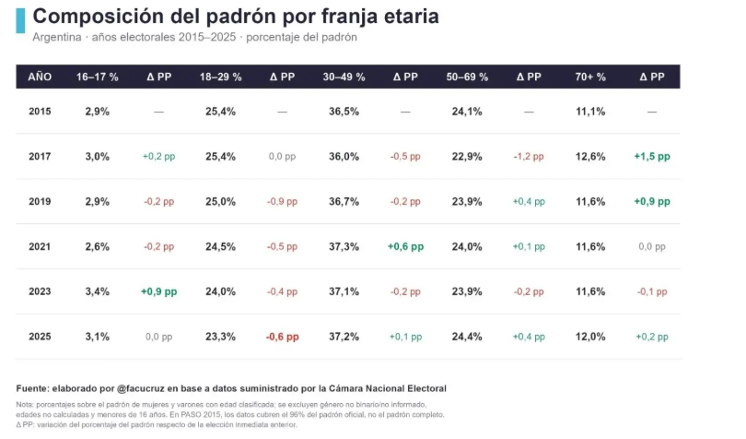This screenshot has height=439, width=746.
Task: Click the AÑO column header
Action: (40, 77)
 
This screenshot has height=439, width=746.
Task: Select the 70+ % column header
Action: (590, 77)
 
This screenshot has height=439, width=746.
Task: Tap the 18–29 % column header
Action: (220, 77)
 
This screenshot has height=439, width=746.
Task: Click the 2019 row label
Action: (40, 202)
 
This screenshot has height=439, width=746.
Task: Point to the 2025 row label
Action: (40, 337)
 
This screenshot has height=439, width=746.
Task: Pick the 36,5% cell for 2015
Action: (344, 112)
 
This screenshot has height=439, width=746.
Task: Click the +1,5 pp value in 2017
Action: (652, 157)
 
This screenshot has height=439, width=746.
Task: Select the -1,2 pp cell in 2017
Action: (529, 157)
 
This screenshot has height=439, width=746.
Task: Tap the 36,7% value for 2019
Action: (344, 202)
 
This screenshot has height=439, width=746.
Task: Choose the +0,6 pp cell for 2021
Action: (405, 246)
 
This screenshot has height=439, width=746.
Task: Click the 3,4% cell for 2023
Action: (97, 291)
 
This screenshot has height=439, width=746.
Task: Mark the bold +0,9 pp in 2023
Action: (159, 291)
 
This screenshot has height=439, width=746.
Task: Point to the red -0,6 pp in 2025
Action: (282, 337)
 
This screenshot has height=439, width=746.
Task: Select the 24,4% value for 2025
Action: (467, 337)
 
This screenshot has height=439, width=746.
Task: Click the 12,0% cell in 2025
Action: (590, 337)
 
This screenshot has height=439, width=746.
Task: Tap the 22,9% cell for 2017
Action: (467, 157)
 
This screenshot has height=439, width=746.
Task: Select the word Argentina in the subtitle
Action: (56, 37)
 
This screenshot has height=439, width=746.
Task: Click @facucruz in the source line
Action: (140, 388)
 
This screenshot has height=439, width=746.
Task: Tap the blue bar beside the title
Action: (20, 20)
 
